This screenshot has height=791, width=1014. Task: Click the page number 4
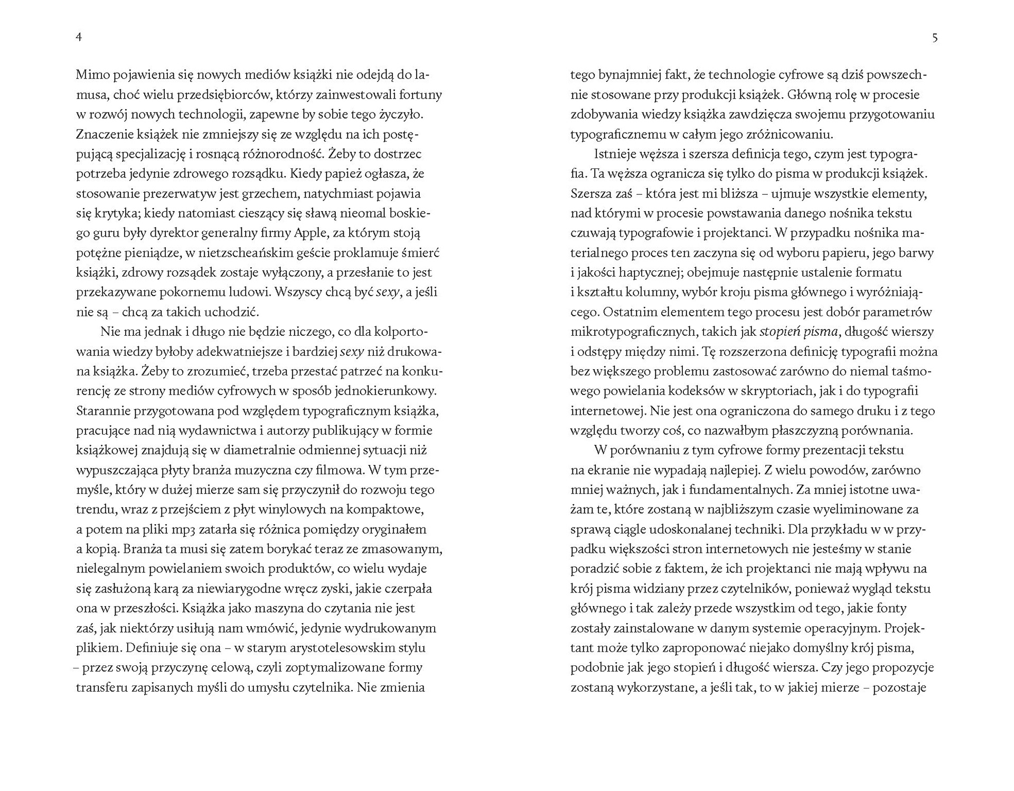point(79,37)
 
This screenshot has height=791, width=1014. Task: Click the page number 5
point(935,37)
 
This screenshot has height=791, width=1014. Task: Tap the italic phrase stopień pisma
point(799,332)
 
